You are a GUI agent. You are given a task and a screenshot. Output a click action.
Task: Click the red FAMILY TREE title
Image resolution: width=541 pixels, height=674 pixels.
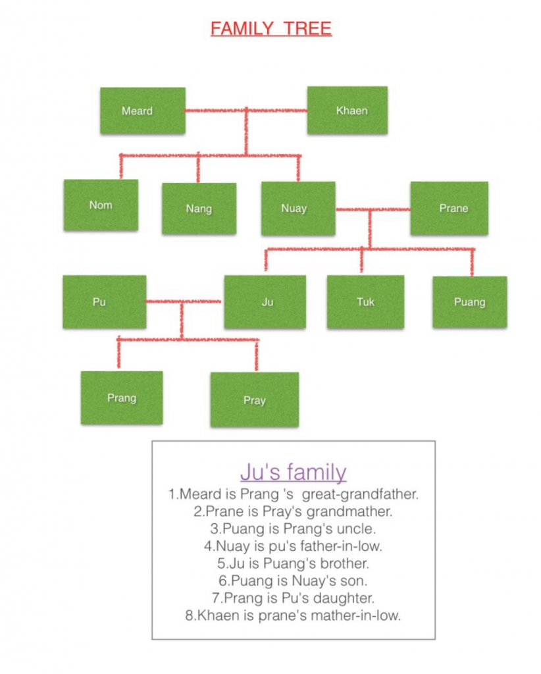pos(271,28)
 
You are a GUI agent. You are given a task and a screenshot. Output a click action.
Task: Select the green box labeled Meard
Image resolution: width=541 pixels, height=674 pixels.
pos(143,111)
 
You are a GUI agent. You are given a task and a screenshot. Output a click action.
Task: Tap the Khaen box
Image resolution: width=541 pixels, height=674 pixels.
pos(348,110)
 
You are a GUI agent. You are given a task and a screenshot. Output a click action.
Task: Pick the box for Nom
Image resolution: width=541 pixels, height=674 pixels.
pos(101,205)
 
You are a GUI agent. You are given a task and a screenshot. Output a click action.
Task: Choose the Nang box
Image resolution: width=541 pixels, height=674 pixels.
pos(199,209)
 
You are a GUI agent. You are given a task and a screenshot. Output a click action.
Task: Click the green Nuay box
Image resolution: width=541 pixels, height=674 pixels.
pos(298,209)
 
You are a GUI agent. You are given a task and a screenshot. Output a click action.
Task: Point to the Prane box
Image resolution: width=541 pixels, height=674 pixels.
pos(449,208)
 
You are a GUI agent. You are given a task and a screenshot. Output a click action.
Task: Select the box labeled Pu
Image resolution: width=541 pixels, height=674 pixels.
pos(105,301)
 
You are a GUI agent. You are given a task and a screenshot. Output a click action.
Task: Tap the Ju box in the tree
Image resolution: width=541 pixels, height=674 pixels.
pos(265,302)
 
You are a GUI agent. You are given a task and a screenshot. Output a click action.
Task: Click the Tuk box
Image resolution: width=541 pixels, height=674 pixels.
pos(365,301)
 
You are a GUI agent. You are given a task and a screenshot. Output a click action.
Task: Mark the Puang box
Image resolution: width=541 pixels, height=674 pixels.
pos(470,301)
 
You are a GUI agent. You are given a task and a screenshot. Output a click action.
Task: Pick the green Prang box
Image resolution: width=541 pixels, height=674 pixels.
pos(122,398)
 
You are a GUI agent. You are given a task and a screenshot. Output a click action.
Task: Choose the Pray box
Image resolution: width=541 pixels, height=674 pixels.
pos(255,400)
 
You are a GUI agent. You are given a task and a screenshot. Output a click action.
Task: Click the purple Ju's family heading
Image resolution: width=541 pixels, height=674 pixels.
pos(294,472)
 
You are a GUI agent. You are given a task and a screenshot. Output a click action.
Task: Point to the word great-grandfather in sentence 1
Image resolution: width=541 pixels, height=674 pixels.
pos(360,494)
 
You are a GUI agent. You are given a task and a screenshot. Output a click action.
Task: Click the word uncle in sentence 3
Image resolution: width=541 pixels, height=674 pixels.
pos(356,529)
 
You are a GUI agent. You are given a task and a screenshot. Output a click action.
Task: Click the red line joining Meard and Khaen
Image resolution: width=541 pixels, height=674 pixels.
pos(246,111)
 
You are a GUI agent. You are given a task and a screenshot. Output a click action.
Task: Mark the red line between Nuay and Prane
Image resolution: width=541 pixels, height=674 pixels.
pos(373,209)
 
